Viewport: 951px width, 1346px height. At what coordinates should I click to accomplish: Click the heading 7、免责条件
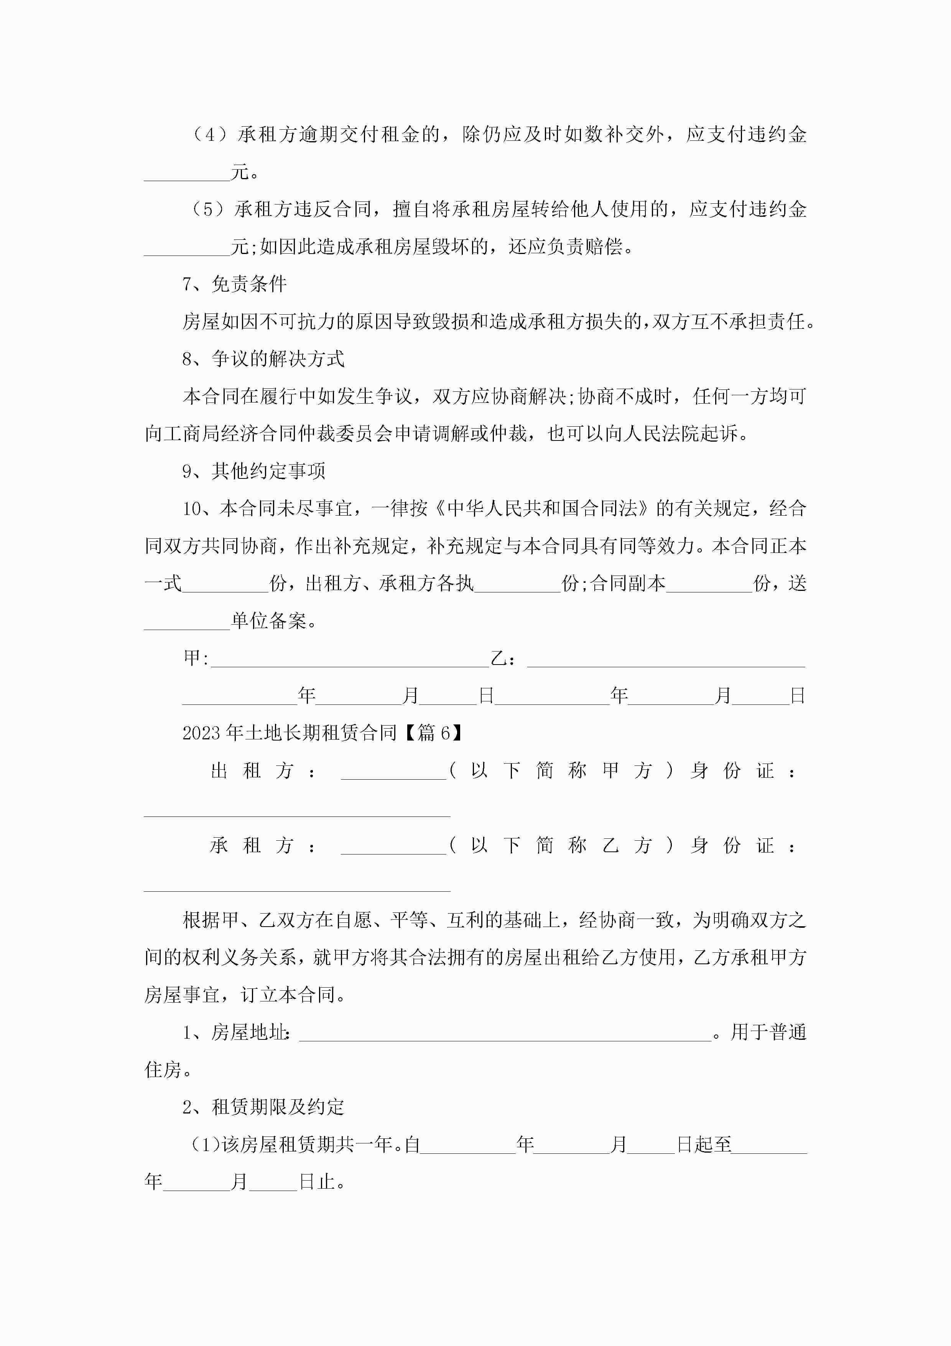[x=234, y=284]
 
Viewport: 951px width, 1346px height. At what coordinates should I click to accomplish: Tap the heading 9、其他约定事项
[x=254, y=471]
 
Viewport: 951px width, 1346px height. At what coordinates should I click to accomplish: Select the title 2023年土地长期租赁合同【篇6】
[x=322, y=733]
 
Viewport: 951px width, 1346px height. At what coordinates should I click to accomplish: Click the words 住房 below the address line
[x=163, y=1070]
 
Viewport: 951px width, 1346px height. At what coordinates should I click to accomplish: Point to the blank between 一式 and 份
[x=225, y=584]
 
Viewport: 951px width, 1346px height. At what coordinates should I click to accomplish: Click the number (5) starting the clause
[x=207, y=209]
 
